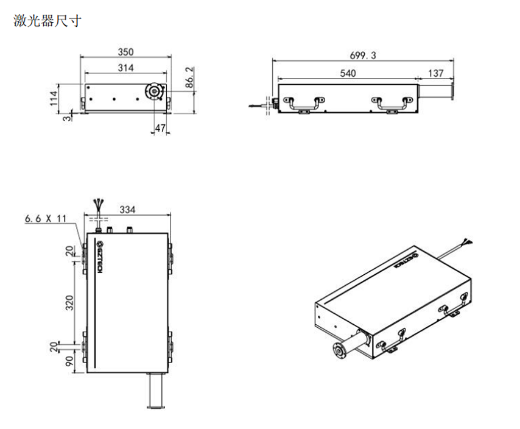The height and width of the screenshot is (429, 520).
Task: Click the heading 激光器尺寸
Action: click(x=47, y=21)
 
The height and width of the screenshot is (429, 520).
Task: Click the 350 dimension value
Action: click(x=125, y=52)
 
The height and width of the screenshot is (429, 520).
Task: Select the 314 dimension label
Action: click(x=125, y=68)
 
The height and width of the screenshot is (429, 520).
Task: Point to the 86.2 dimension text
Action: click(x=189, y=77)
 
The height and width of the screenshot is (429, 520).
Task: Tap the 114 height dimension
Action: click(x=54, y=98)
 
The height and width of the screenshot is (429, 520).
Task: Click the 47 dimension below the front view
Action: click(x=160, y=128)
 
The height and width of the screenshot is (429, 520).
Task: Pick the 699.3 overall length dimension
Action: click(x=363, y=55)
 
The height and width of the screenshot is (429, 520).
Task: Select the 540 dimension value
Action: click(x=348, y=73)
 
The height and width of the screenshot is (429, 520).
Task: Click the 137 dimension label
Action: click(x=436, y=73)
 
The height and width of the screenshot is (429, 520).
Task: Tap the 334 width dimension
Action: click(x=127, y=210)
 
